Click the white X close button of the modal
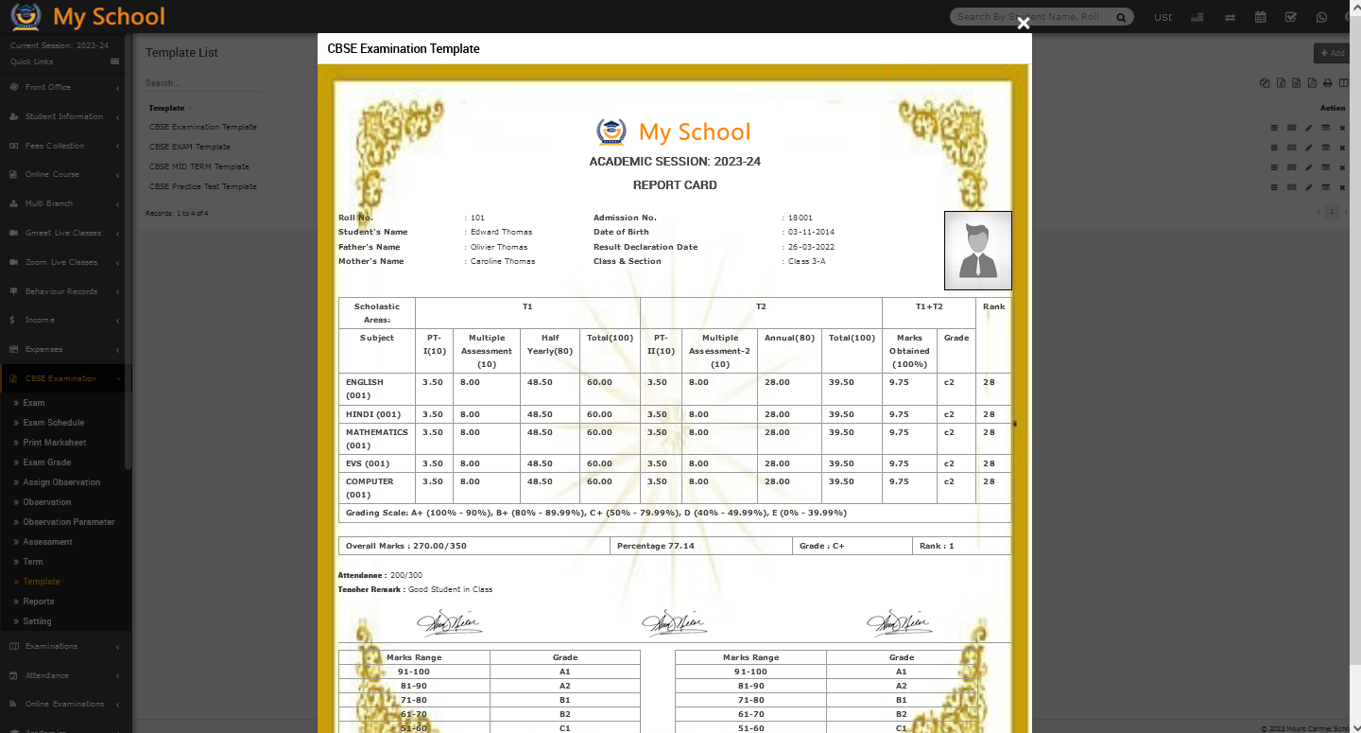tap(1023, 24)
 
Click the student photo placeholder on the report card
tap(977, 251)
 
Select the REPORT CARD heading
tap(675, 185)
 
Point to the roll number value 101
tap(477, 218)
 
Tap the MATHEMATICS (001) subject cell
tap(376, 438)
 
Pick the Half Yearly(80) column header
tap(549, 344)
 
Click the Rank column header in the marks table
tap(993, 306)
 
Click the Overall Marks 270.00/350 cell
tap(406, 546)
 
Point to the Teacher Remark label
tap(370, 589)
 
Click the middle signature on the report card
tap(674, 622)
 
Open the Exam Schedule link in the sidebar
tap(53, 423)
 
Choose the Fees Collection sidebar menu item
tap(54, 146)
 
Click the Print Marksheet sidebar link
tap(54, 443)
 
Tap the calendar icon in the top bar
tap(1260, 17)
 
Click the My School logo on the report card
tap(673, 131)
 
